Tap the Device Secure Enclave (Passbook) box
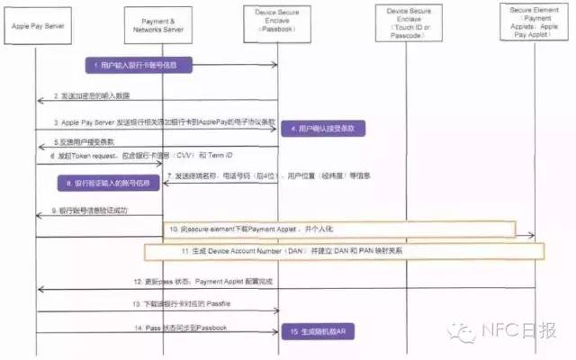click(277, 19)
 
